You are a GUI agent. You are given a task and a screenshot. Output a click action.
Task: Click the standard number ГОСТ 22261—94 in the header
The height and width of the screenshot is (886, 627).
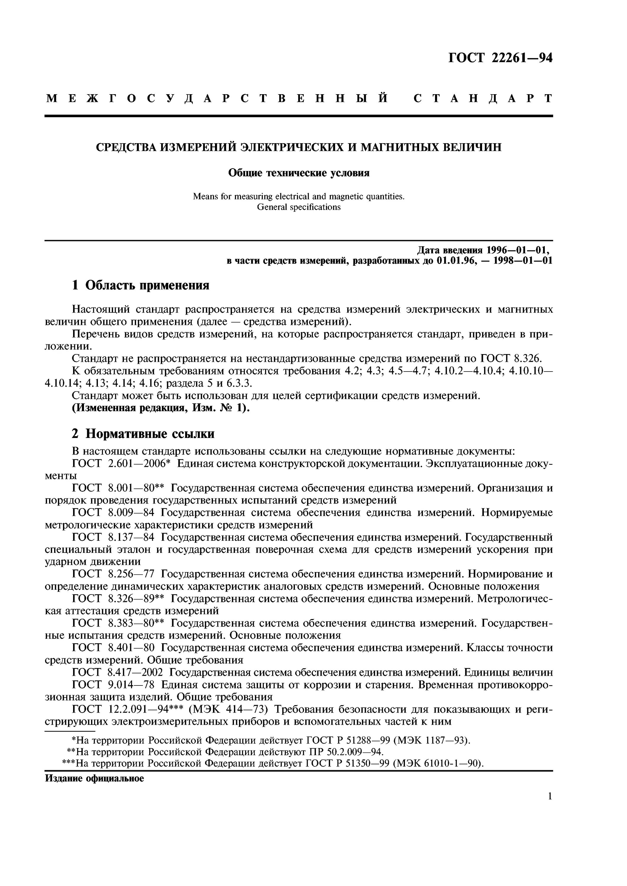500,58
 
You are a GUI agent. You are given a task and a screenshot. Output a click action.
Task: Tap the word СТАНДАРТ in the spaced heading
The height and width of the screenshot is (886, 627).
483,98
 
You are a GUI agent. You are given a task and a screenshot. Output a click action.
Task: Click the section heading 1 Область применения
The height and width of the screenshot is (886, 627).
140,285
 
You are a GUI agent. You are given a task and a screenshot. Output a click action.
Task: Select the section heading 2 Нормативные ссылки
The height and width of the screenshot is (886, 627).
143,434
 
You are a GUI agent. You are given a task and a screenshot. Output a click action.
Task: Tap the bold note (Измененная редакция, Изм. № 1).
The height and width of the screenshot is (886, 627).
161,408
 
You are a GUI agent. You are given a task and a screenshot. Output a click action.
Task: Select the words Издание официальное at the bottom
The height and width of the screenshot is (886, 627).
94,778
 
